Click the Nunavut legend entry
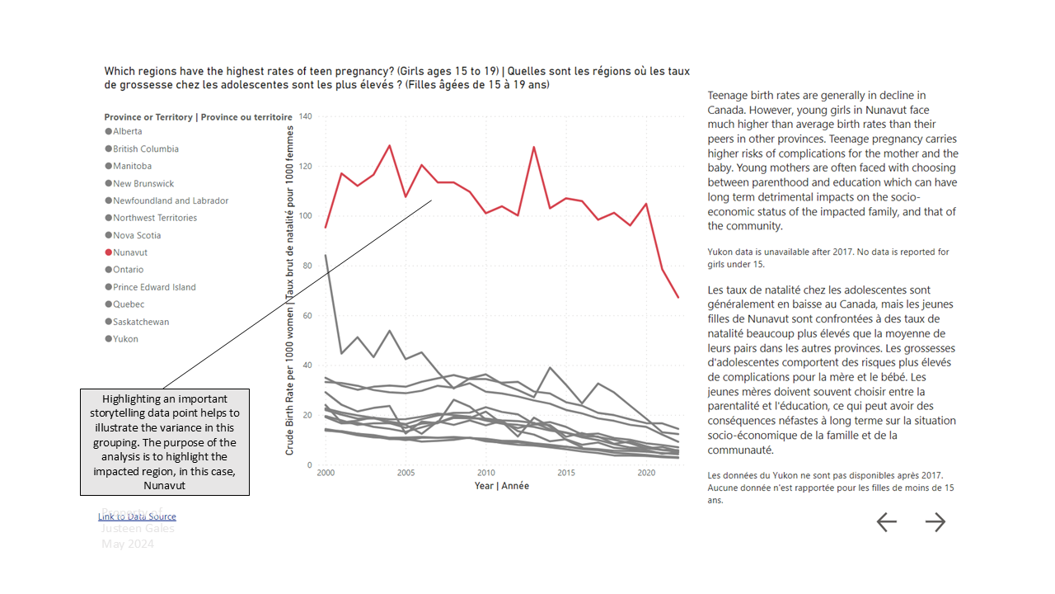(130, 252)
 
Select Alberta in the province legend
(128, 131)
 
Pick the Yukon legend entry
(125, 339)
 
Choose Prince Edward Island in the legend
(154, 287)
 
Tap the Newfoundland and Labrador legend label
(171, 200)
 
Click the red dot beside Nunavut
(109, 252)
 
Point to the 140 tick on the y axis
(305, 116)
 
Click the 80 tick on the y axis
(307, 266)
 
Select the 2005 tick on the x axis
(406, 474)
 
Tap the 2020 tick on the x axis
(647, 474)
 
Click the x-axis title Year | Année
(501, 486)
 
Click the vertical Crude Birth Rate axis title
(290, 290)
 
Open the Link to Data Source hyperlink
(137, 516)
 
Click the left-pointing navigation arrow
(886, 521)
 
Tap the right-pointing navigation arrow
(935, 521)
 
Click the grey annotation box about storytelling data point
(165, 442)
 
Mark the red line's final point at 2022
(678, 297)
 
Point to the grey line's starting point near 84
(326, 256)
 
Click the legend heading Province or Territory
(198, 117)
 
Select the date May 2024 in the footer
(127, 544)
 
